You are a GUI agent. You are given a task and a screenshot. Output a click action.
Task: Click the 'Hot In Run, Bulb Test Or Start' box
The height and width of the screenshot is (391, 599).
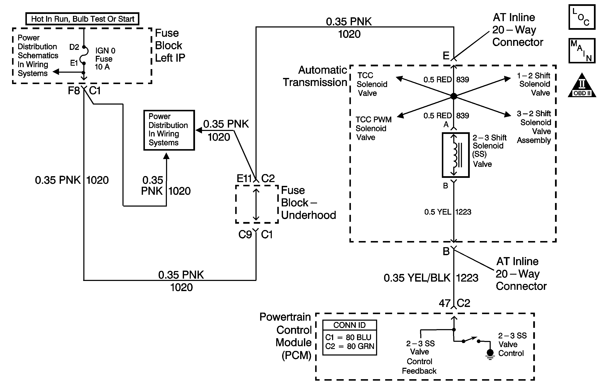pos(82,19)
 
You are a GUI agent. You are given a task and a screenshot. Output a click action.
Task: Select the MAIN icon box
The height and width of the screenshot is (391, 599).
pos(582,51)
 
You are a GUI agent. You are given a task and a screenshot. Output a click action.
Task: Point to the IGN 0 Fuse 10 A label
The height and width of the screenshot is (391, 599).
pos(105,59)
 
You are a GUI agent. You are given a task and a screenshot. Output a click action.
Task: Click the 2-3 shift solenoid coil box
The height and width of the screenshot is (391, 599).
pos(456,155)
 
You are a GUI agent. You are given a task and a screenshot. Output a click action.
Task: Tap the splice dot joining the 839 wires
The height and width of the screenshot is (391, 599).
pos(453,96)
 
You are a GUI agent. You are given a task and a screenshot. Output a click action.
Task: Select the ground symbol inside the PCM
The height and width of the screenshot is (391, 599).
pos(490,354)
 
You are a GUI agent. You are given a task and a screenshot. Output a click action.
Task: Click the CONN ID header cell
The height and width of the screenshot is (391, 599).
pos(349,325)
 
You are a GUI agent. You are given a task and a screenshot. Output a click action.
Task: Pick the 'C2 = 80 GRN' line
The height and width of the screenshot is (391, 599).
pos(349,346)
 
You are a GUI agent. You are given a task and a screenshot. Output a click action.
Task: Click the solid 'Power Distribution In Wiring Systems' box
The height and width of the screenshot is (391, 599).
pos(169,130)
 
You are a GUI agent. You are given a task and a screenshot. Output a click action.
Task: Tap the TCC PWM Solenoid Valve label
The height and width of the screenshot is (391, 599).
pos(373,128)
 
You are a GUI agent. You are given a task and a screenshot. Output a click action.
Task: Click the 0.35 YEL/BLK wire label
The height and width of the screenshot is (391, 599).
pos(417,278)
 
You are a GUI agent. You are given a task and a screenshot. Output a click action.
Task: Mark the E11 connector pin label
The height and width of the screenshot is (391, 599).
pos(244,178)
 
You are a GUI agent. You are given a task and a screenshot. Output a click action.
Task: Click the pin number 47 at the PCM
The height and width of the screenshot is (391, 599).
pos(444,303)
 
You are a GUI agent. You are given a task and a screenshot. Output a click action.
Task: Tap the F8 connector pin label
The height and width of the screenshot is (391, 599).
pos(74,91)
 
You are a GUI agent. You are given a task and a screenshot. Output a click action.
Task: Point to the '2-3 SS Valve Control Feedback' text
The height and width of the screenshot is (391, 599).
pos(419,357)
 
